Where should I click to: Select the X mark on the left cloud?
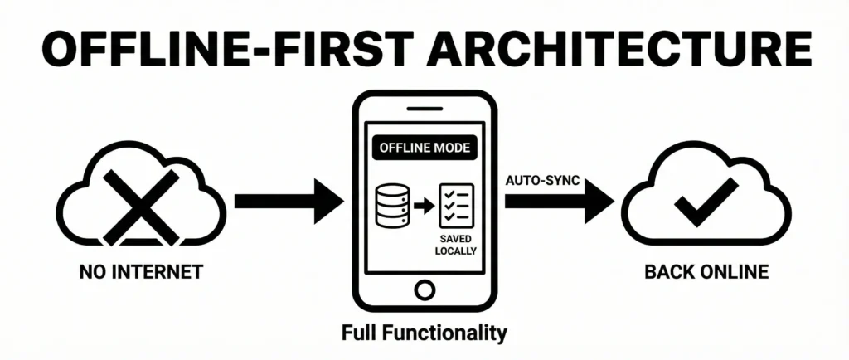140,202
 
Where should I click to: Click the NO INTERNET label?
140,270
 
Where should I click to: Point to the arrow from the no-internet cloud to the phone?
287,201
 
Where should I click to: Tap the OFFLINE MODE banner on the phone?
424,149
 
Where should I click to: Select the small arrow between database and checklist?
426,206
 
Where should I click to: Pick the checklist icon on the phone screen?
456,206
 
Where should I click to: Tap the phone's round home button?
424,289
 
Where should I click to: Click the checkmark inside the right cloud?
706,202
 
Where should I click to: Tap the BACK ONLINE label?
706,270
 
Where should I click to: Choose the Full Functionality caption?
424,333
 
